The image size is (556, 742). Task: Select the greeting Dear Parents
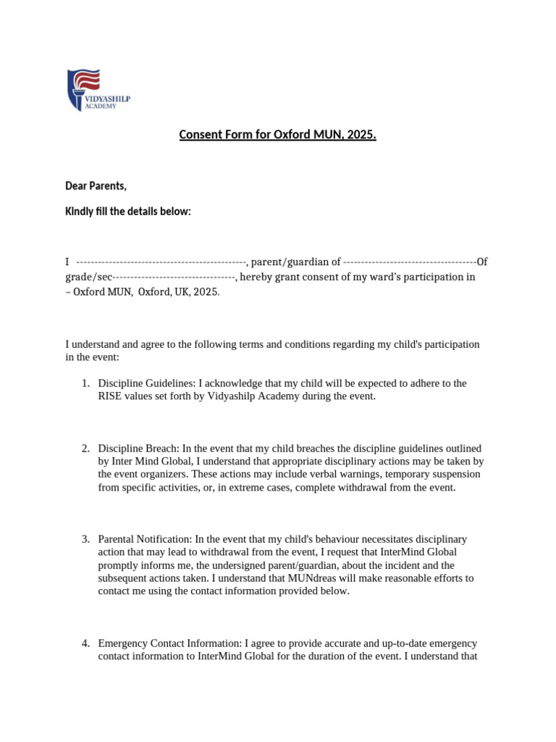click(96, 187)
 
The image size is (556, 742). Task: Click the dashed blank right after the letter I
click(161, 262)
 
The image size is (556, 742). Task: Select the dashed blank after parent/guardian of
click(409, 262)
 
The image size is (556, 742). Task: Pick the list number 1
click(85, 383)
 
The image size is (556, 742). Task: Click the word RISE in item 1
click(111, 396)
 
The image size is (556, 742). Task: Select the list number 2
click(85, 449)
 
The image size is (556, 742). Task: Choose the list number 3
click(85, 539)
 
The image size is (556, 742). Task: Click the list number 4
click(85, 643)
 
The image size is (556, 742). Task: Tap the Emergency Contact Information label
click(170, 643)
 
